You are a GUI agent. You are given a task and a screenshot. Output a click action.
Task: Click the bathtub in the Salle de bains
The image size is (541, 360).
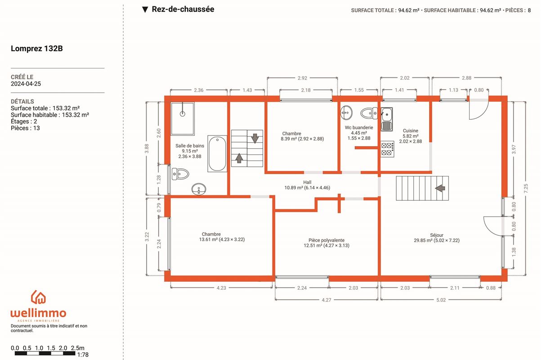pos(217,153)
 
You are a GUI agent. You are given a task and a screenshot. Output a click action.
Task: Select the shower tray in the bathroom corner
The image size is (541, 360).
pos(183,119)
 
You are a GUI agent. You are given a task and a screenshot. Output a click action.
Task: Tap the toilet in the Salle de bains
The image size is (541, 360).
pos(180,174)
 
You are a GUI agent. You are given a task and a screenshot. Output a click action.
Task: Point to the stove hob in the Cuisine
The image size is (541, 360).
pos(387,149)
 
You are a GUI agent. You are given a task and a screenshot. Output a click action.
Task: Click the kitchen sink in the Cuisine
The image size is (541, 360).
pos(387,119)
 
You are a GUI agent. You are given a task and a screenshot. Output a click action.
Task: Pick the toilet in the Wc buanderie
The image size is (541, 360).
pos(369,113)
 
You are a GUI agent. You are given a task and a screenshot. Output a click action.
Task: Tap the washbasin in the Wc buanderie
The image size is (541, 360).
pos(346,112)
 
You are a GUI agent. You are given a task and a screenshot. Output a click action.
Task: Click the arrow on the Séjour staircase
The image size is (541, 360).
pos(440,188)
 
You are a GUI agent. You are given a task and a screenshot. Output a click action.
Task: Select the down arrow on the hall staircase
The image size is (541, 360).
pos(255,138)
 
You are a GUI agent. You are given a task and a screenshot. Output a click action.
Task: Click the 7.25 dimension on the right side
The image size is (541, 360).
pos(526,188)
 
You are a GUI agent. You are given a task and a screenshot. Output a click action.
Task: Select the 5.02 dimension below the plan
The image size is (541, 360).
pos(441,300)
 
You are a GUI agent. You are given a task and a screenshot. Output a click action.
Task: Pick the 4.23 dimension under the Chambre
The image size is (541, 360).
pos(221,288)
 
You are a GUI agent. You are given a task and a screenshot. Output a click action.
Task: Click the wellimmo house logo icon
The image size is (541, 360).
pos(38,297)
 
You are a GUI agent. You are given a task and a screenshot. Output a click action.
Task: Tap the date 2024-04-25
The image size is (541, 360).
pos(26,84)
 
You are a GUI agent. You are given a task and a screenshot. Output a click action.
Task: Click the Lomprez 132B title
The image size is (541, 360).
pos(37,48)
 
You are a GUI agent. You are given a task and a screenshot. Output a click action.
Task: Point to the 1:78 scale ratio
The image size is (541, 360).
pos(83,355)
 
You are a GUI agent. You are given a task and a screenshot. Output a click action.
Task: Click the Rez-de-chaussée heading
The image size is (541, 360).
pos(183,9)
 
